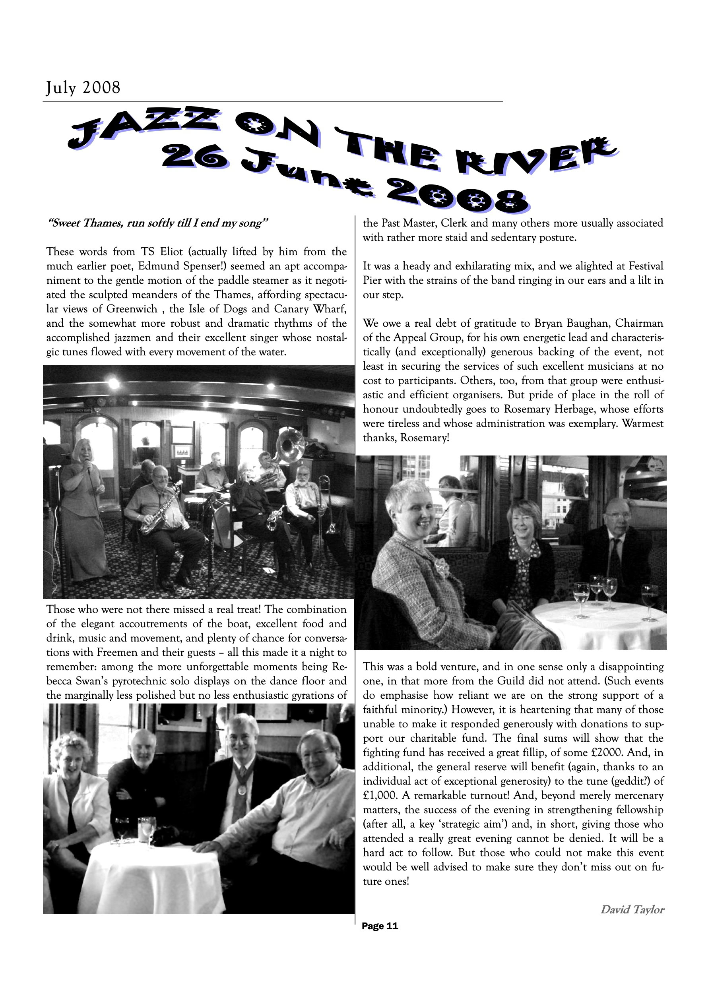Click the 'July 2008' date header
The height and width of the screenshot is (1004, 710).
[83, 88]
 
